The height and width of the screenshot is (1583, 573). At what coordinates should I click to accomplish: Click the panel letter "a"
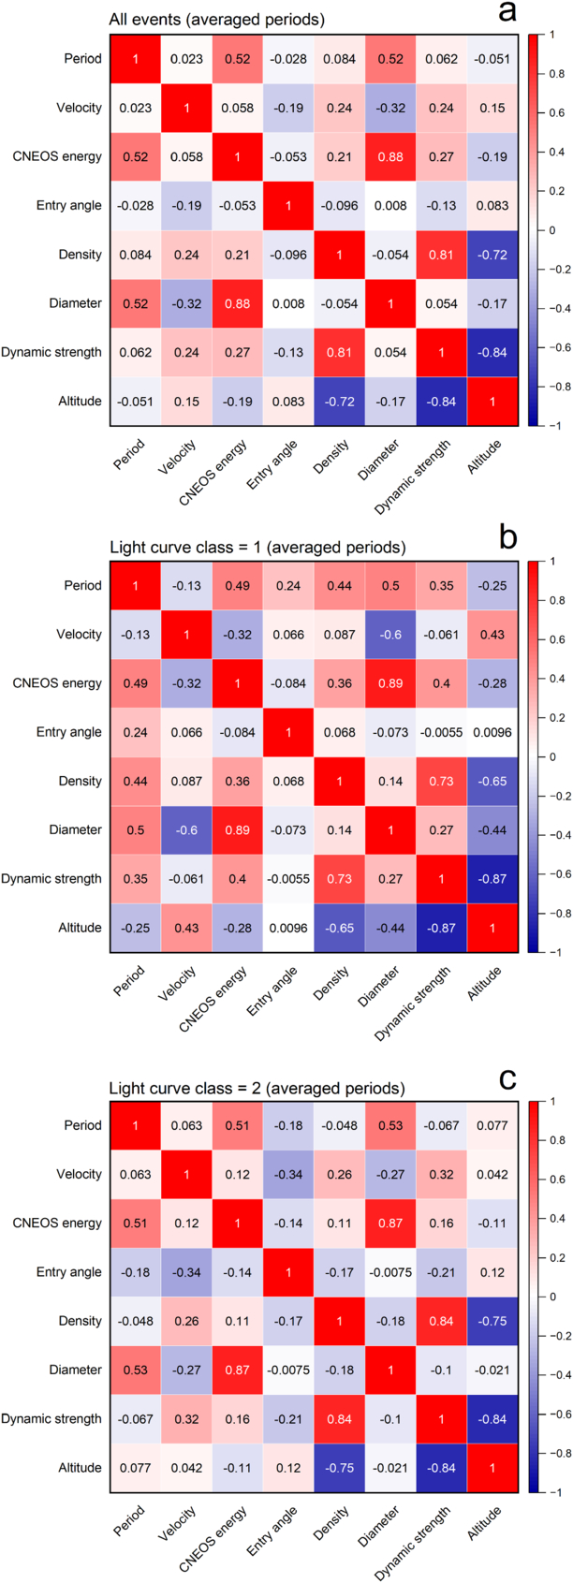pos(507,11)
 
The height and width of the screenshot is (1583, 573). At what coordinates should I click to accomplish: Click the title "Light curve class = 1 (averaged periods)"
pos(257,547)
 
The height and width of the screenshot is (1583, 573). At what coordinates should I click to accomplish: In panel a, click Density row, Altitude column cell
pos(492,255)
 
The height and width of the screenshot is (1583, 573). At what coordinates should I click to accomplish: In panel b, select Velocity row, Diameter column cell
pos(390,635)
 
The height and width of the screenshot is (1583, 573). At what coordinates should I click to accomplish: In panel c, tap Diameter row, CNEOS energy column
pos(238,1370)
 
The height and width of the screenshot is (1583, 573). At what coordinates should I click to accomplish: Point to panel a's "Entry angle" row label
pos(69,206)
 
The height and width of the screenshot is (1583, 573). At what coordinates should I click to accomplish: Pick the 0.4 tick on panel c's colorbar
pos(551,1218)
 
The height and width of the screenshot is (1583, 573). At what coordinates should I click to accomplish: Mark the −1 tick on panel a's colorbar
pos(551,425)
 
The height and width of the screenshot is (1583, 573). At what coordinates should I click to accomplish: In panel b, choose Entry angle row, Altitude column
pos(492,732)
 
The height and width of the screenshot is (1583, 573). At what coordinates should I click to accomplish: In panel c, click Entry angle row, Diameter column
pos(390,1272)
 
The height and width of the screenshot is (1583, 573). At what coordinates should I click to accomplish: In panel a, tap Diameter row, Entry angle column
pos(288,303)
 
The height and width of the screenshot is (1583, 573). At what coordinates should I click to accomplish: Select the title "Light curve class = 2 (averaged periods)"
pos(257,1088)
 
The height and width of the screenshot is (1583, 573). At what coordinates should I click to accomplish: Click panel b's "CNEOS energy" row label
pos(57,683)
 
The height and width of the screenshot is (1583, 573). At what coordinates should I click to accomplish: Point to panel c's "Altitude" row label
pos(80,1467)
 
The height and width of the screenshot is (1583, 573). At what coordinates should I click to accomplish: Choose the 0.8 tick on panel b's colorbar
pos(551,601)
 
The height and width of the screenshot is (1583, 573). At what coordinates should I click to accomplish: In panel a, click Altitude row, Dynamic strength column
pos(442,402)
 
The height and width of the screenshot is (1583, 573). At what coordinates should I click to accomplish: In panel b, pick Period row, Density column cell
pos(339,586)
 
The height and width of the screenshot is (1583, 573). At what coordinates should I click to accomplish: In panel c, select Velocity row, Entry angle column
pos(288,1175)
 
